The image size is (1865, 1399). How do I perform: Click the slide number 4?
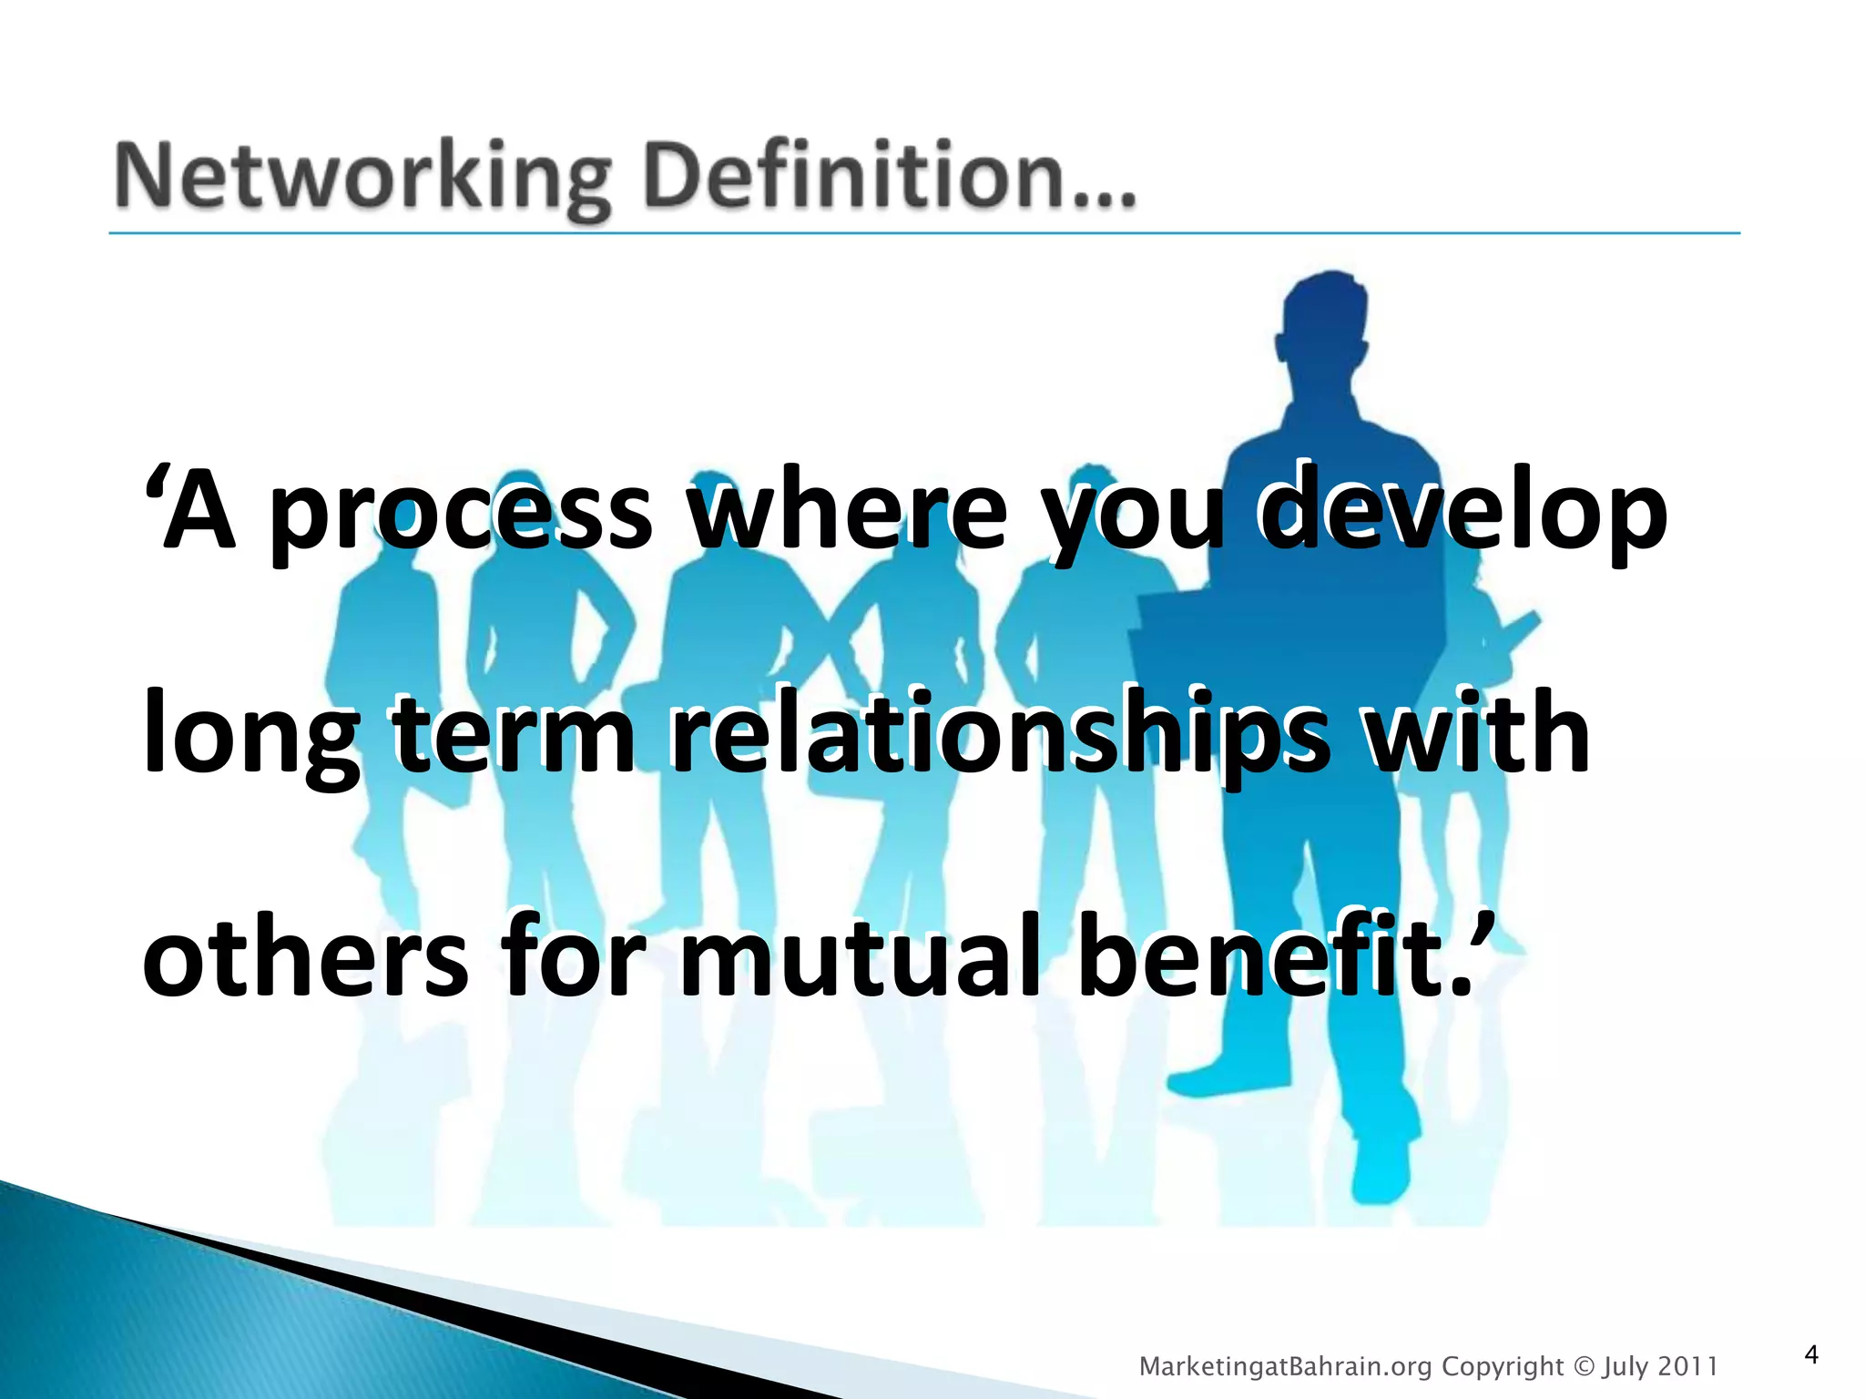(x=1810, y=1354)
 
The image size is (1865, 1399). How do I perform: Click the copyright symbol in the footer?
(x=1585, y=1366)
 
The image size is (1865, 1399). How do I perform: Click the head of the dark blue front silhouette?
(x=1324, y=328)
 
